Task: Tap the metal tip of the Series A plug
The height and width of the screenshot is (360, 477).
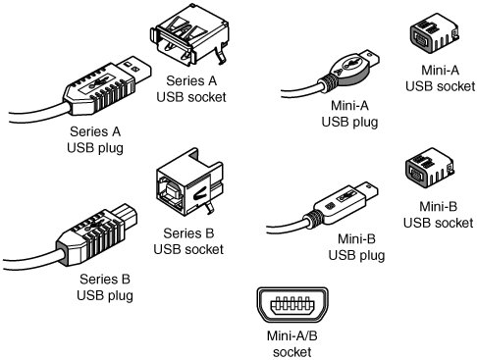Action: [134, 69]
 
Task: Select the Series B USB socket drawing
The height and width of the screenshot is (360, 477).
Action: [189, 182]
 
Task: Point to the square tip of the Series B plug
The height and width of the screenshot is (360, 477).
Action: [126, 215]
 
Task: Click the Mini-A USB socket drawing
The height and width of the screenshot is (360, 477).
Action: [434, 32]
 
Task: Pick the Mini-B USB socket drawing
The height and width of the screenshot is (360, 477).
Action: [429, 168]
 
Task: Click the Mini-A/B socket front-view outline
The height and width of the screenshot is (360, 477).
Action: [291, 305]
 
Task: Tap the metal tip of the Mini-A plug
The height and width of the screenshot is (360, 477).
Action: [371, 59]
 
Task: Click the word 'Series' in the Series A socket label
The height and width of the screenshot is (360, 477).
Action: [182, 80]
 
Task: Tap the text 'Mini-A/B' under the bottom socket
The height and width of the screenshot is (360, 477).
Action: [291, 335]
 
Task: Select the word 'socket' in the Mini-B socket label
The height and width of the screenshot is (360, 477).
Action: [454, 223]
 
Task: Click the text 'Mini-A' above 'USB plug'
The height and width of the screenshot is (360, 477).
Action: [349, 106]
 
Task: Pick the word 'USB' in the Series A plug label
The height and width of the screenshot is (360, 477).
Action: [79, 148]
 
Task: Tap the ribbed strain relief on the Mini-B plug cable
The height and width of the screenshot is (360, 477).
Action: [314, 219]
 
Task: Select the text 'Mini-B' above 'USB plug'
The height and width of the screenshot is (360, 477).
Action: [356, 239]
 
